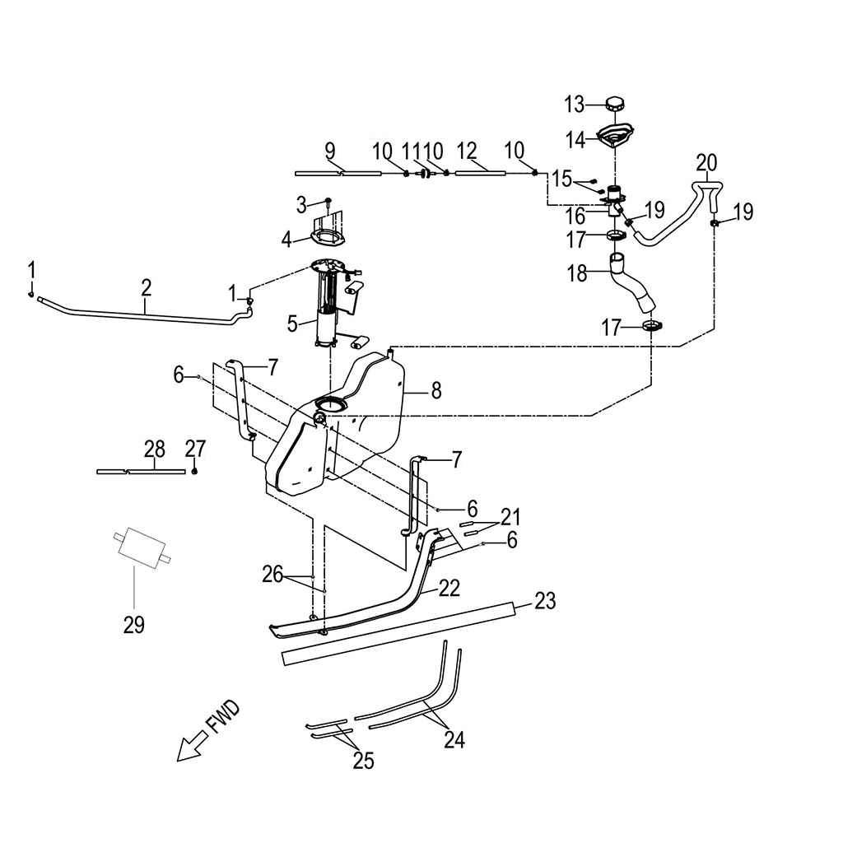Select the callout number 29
pos(134,625)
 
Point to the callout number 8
pos(436,391)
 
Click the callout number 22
pos(449,588)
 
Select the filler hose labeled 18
pos(632,284)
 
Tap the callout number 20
pos(706,161)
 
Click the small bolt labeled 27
pos(195,470)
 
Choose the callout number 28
pos(155,449)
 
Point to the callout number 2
pos(146,287)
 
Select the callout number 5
pos(292,324)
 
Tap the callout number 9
pos(330,151)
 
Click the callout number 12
pos(467,151)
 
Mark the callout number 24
pos(454,740)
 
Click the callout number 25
pos(363,761)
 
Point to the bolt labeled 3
pos(328,201)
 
